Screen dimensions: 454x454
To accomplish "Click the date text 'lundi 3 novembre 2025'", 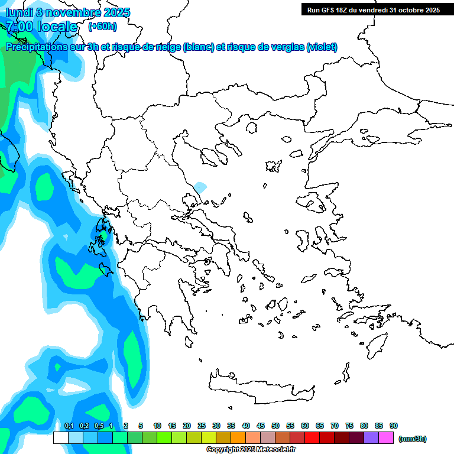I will [68, 12].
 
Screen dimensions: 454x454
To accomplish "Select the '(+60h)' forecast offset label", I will [102, 26].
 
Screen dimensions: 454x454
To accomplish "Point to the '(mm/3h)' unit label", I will [413, 439].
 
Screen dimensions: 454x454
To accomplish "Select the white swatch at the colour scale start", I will [60, 438].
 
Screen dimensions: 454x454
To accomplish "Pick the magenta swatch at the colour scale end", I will [386, 438].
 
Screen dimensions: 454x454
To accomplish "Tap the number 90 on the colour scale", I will [394, 426].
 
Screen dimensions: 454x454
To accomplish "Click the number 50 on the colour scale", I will [275, 426].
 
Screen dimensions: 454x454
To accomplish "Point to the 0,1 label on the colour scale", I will [69, 426].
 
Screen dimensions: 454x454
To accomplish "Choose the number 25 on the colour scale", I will [202, 426].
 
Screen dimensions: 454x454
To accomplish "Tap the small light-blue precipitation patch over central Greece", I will [201, 188].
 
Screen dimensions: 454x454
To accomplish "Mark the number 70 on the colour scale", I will [335, 426].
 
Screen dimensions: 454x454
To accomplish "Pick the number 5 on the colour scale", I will [141, 426].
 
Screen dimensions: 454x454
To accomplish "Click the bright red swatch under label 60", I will [312, 438].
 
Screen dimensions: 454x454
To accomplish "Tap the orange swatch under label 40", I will [238, 438].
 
